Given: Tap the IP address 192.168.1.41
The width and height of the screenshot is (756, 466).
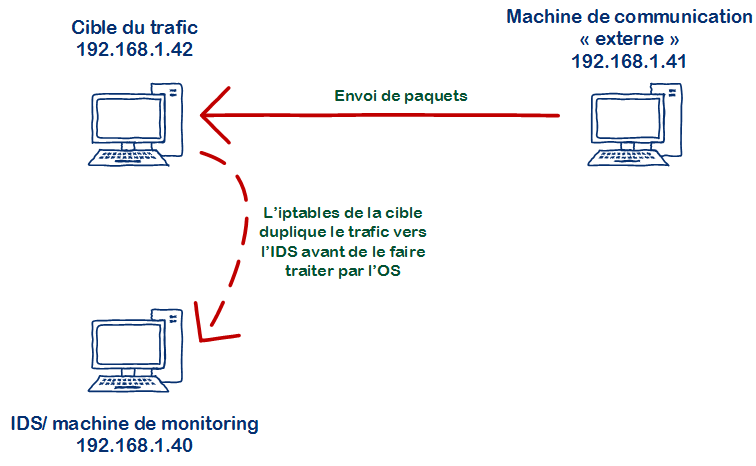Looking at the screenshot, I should click(628, 61).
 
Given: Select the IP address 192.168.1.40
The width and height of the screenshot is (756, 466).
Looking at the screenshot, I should click(134, 445).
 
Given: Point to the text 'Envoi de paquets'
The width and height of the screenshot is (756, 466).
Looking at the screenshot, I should click(400, 98).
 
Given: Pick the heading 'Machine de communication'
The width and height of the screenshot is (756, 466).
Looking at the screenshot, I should click(628, 17).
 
